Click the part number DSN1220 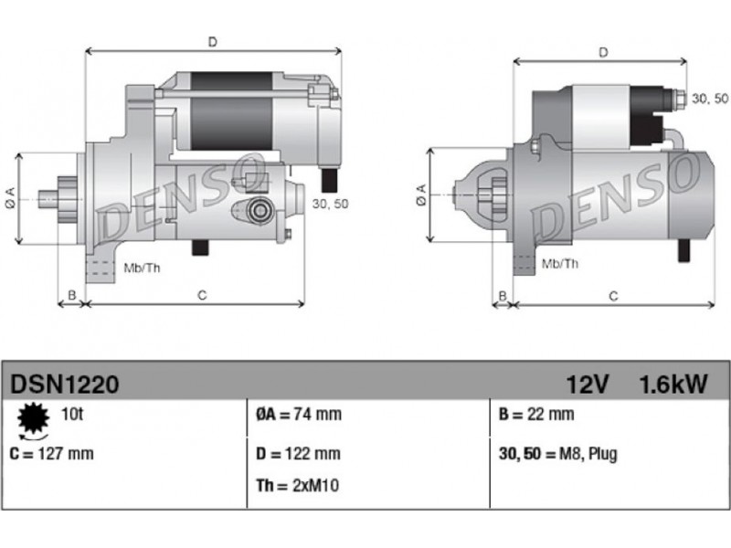coord(64,385)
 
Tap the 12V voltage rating coord(588,385)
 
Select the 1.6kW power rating coord(673,385)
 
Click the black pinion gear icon coord(33,418)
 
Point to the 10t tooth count coord(72,414)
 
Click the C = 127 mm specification coord(51,453)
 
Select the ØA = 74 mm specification coord(299,414)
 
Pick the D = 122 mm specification coord(298,453)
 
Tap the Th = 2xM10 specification coord(297,486)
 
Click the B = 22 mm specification coord(536,414)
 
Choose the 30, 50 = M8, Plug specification coord(558,454)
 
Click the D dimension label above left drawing coord(213,42)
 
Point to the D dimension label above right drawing coord(603,53)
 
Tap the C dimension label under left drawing coord(202,295)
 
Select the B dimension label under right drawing coord(503,295)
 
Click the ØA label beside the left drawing coord(10,197)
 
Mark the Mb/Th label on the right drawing coord(560,264)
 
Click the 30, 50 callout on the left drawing coord(330,204)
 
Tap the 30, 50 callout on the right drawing coord(710,99)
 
